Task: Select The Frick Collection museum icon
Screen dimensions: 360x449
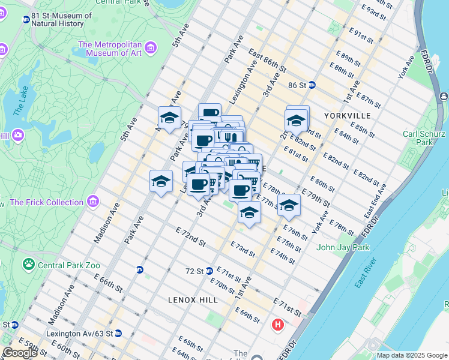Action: point(92,201)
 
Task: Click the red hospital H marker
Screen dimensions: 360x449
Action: point(277,325)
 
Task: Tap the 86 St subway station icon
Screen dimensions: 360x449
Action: point(312,85)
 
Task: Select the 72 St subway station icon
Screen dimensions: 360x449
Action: point(209,271)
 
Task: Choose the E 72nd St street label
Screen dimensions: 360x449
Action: point(191,237)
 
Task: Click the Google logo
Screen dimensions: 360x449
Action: point(20,353)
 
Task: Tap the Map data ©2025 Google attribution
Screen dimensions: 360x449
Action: point(411,355)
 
